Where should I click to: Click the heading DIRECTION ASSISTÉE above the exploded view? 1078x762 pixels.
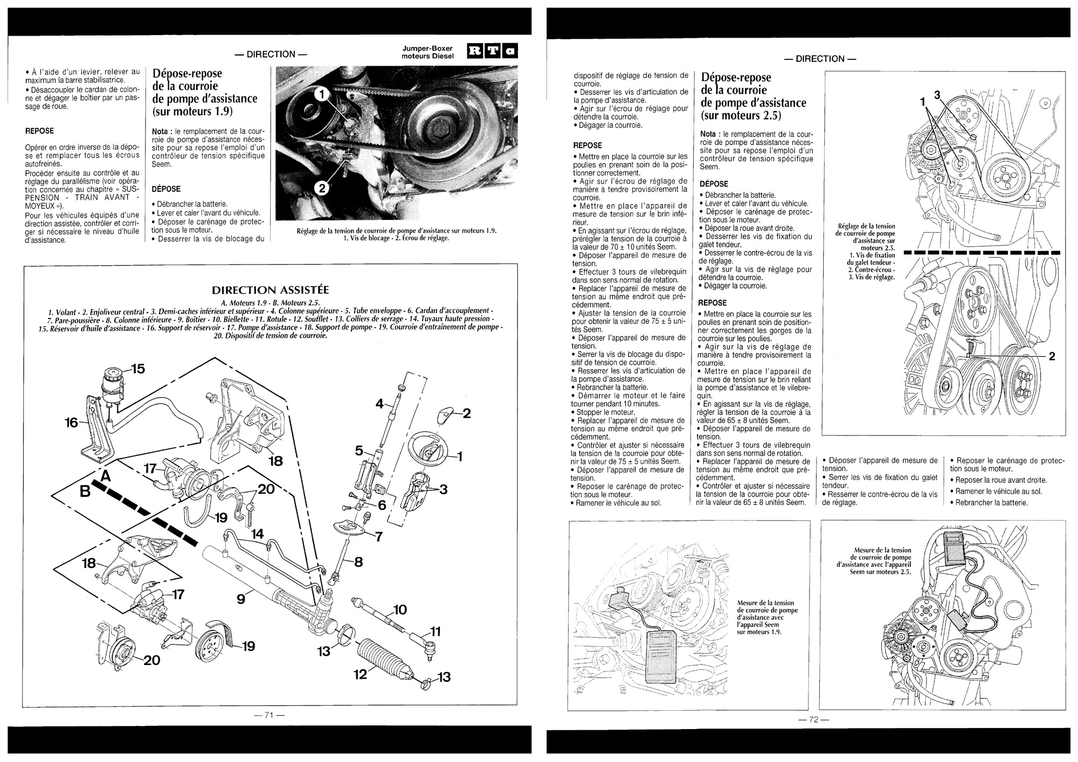click(x=271, y=290)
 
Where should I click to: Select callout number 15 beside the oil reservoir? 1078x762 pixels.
click(x=137, y=369)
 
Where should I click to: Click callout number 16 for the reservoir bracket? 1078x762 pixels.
click(x=72, y=423)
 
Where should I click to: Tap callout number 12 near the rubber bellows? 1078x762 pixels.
click(x=360, y=674)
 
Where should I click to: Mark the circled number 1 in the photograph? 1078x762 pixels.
click(x=321, y=95)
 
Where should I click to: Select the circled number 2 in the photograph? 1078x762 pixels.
click(x=322, y=188)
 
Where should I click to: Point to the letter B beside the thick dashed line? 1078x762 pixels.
click(x=85, y=491)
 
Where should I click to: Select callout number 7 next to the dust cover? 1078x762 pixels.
click(x=379, y=537)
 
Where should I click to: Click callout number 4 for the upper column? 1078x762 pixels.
click(x=379, y=403)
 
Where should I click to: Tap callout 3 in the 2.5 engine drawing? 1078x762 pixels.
click(x=936, y=95)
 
